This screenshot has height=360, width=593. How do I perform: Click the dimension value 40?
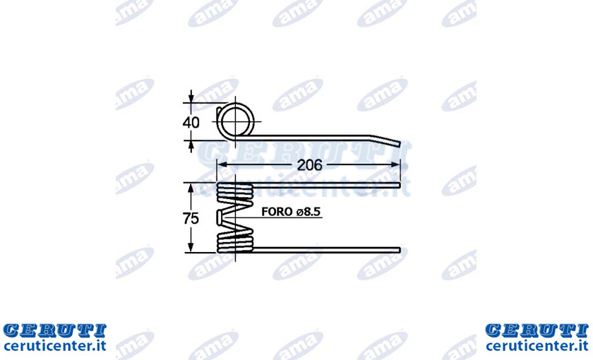[191, 123]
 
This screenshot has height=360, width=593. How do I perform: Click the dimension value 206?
[309, 165]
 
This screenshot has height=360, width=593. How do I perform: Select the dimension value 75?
[191, 219]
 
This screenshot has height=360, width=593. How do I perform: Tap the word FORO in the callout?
[277, 212]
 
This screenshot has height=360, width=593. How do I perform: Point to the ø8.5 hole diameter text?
[309, 212]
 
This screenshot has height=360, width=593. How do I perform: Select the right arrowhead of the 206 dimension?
[395, 164]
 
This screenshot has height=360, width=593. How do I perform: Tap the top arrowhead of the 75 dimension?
[191, 188]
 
